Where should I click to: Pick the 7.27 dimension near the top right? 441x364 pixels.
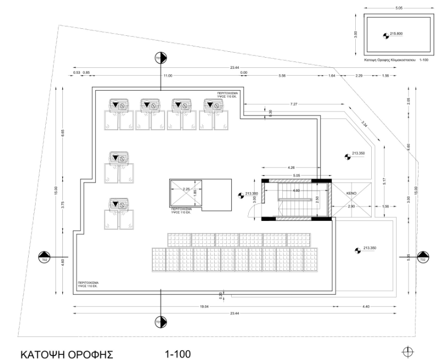(293, 104)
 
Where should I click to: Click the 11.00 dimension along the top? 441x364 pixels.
(168, 76)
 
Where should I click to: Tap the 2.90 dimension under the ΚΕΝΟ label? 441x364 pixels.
(351, 206)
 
